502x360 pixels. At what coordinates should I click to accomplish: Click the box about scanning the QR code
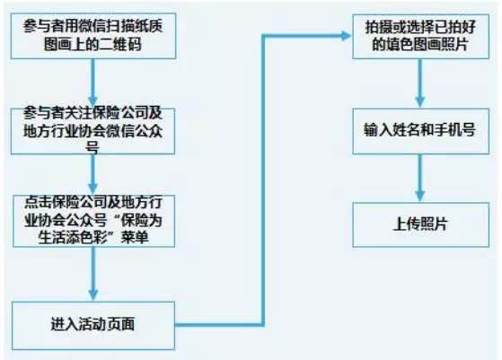coord(93,36)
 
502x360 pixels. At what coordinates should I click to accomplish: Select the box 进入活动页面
coord(93,326)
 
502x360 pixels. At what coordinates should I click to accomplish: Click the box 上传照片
coord(420,224)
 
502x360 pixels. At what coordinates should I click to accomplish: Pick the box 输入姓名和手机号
coord(420,131)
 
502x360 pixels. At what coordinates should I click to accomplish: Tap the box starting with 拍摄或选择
coord(420,36)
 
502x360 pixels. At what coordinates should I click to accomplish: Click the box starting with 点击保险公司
coord(93,221)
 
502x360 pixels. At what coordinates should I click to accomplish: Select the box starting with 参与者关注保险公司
coord(92,131)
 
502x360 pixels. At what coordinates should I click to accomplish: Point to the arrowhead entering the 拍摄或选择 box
coord(347,36)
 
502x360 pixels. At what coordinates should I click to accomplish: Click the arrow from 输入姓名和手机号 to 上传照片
coord(420,178)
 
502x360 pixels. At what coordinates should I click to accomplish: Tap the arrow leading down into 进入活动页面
coord(93,274)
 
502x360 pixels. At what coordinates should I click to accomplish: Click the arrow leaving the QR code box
coord(92,83)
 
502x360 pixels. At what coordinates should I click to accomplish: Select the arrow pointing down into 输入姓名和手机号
coord(420,83)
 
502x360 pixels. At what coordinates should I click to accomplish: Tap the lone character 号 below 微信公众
coord(92,148)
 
